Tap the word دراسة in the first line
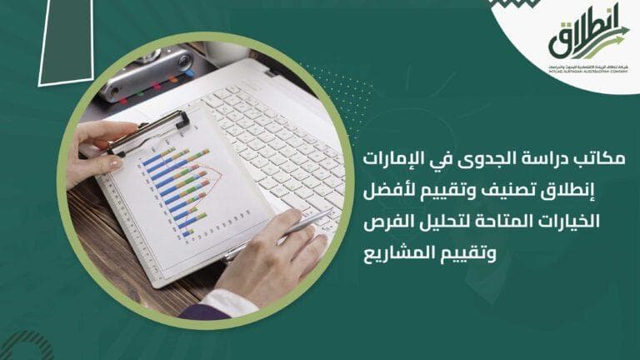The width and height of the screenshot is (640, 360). pos(535,157)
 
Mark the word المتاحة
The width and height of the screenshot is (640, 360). pos(518,221)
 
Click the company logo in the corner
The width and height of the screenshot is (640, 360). pos(588,42)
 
